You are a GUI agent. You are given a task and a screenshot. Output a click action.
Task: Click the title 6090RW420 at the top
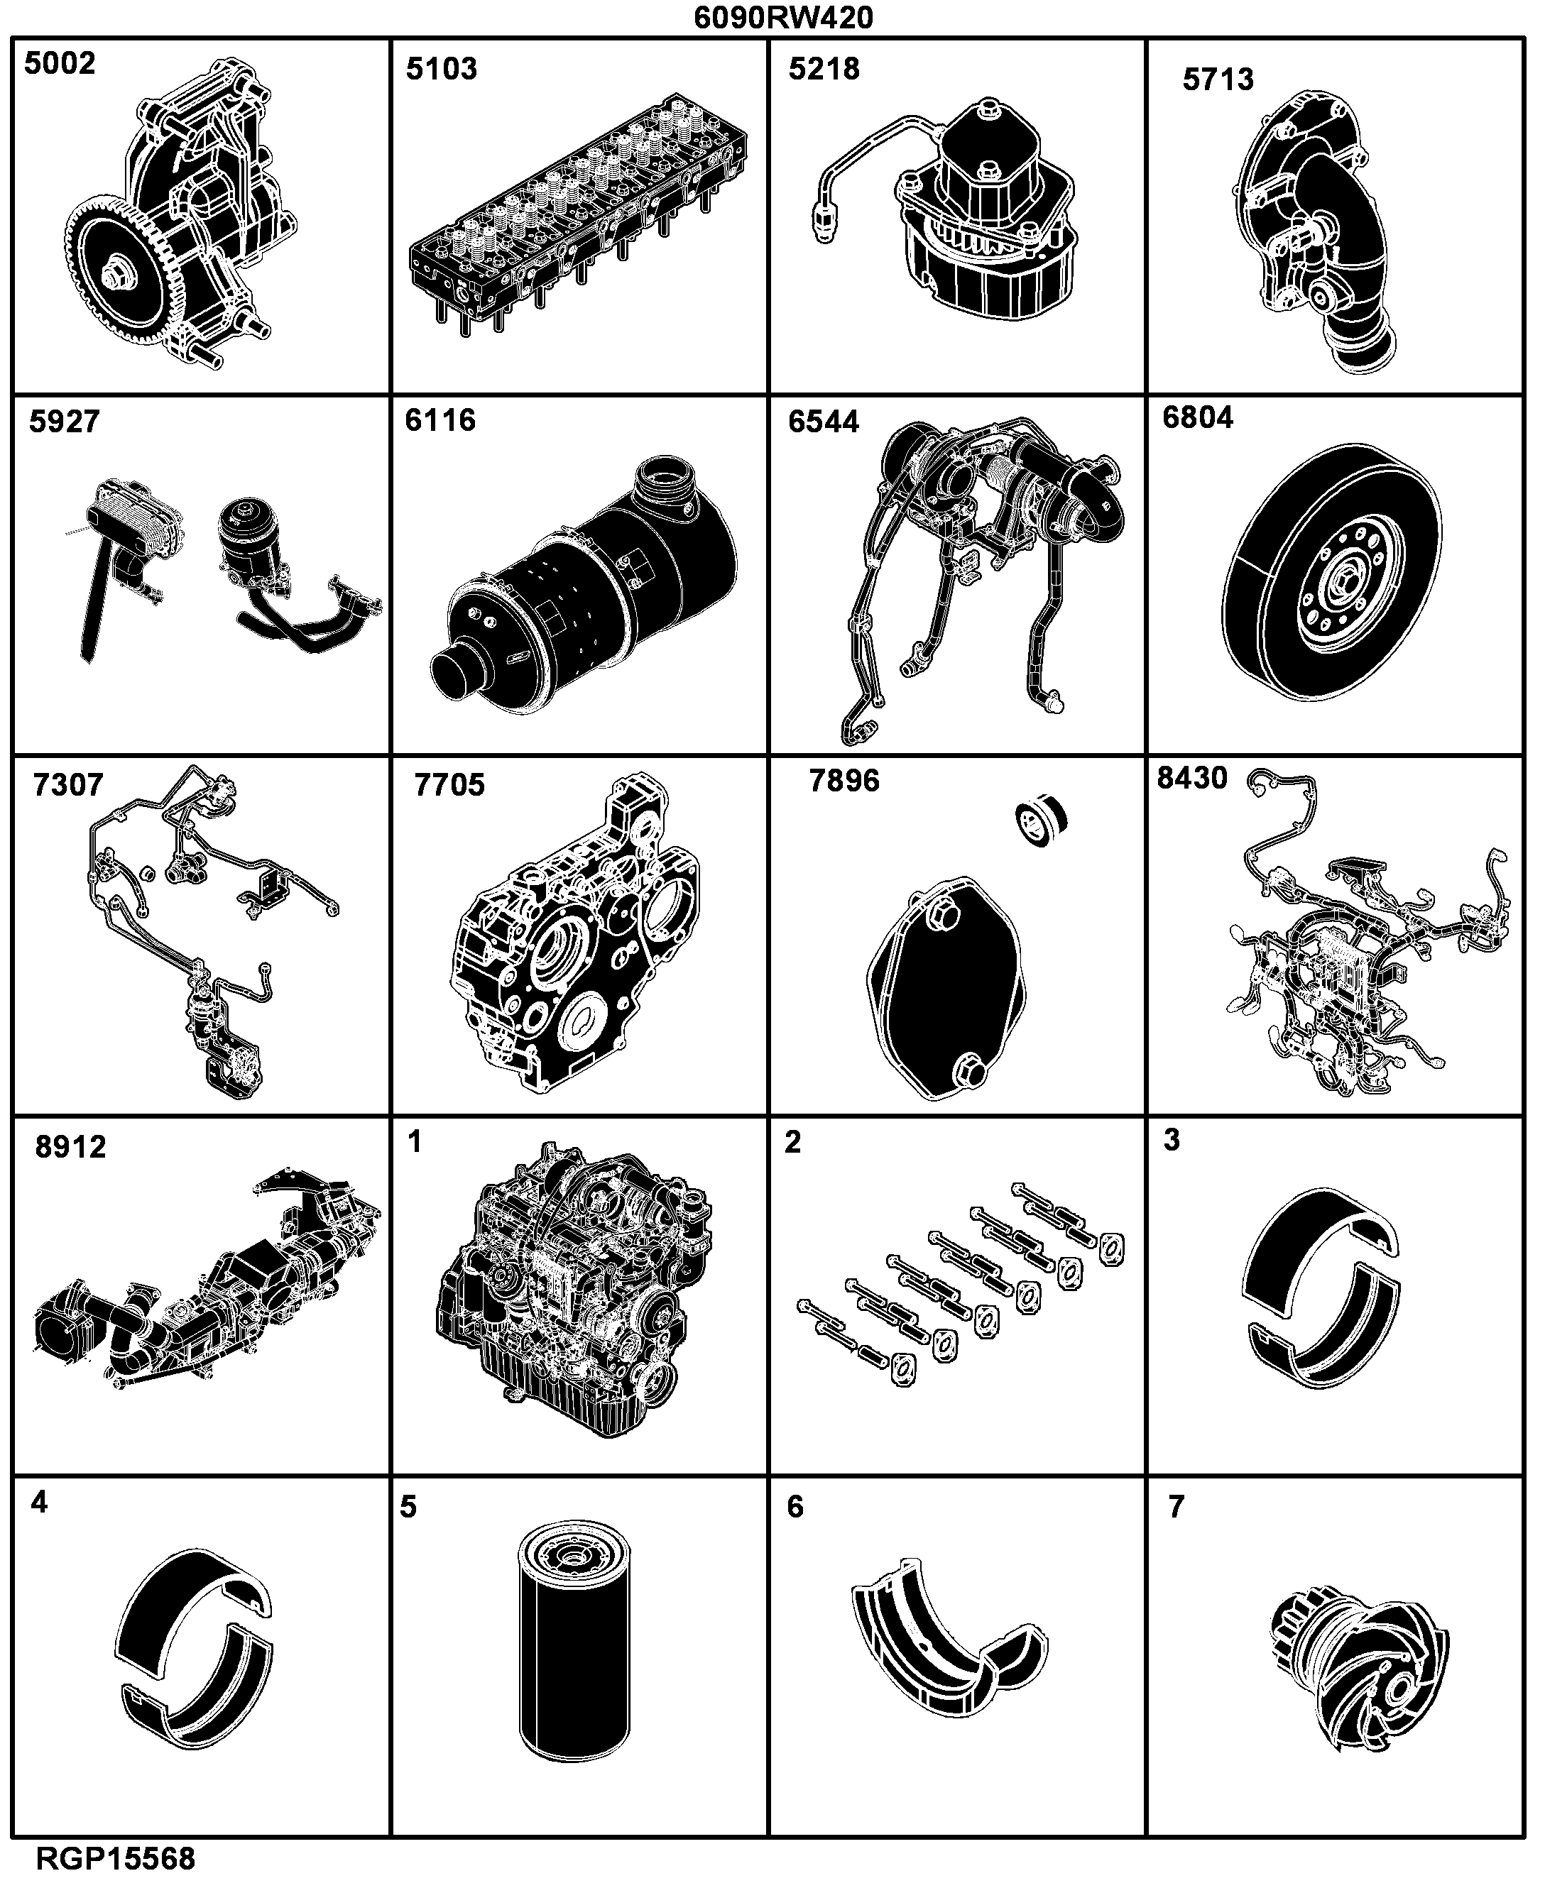(783, 17)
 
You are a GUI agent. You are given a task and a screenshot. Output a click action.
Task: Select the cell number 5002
(60, 63)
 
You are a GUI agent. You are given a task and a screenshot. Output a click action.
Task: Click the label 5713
(1218, 79)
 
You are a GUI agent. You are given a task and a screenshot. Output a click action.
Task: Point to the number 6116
(440, 420)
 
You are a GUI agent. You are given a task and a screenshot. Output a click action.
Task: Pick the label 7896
(844, 780)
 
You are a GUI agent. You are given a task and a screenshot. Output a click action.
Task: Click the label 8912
(70, 1147)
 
